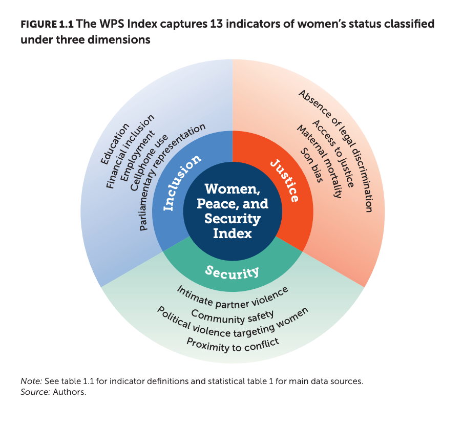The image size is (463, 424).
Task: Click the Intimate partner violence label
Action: tap(233, 298)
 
